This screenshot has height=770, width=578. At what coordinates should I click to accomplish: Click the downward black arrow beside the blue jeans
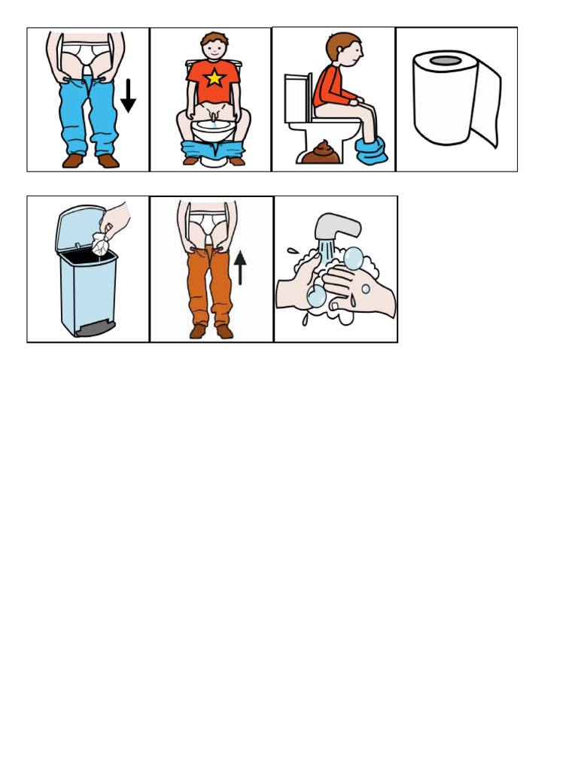coord(128,95)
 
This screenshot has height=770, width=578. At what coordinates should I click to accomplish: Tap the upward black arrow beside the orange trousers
coord(240,267)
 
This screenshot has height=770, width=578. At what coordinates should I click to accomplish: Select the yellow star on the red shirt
coord(214,77)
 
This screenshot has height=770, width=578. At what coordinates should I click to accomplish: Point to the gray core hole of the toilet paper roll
coord(446,61)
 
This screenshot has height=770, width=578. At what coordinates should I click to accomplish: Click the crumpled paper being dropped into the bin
coord(101,241)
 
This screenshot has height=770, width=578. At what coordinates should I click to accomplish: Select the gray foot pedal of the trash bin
coord(96,329)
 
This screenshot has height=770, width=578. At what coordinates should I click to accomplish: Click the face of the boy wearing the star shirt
coord(215,48)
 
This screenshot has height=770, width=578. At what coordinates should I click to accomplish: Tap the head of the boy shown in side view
coord(344,48)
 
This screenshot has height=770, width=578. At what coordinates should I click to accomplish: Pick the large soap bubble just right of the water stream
coord(353,259)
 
